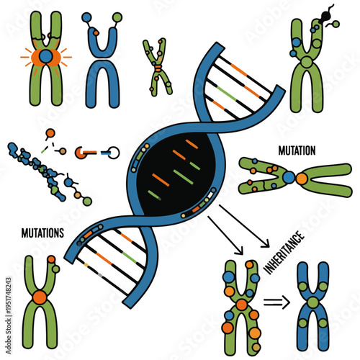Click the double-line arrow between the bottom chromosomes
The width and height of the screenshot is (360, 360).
[274, 303]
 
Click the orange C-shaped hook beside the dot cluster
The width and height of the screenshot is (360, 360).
[84, 152]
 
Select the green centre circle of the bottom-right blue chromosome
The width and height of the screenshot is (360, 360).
[313, 301]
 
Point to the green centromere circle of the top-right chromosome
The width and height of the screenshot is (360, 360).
[307, 63]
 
